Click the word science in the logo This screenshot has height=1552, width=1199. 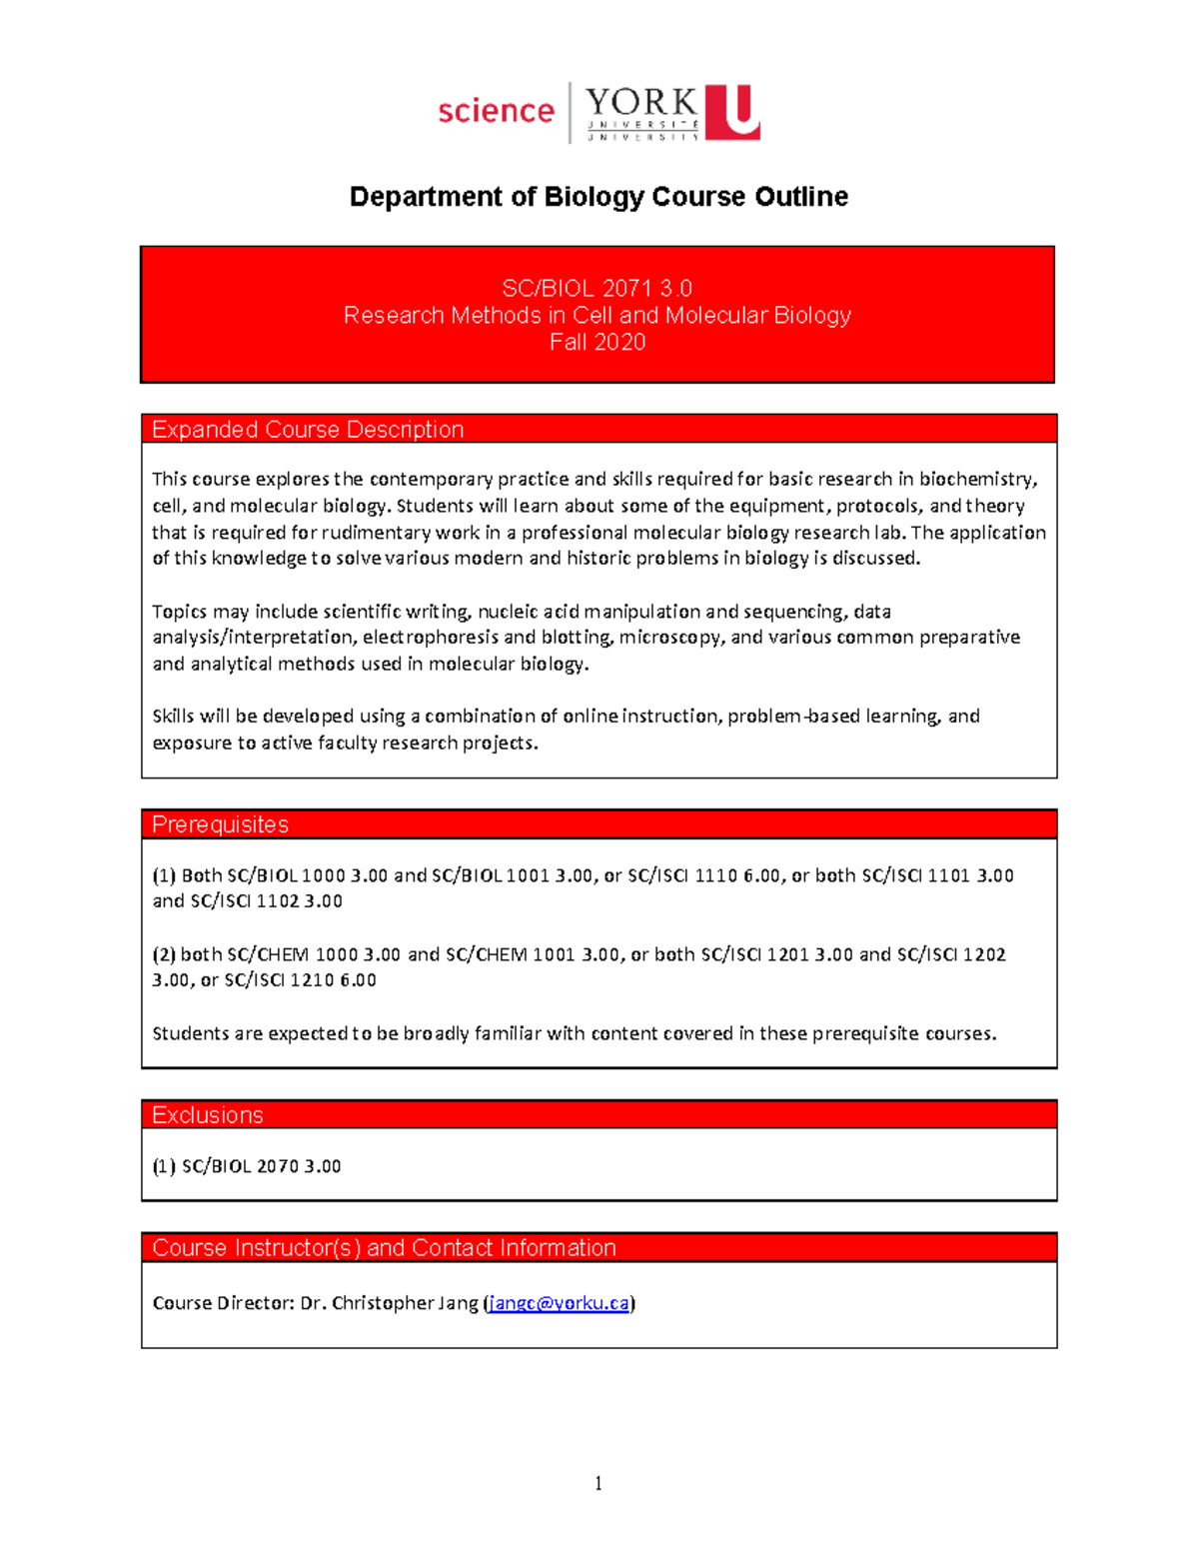point(496,111)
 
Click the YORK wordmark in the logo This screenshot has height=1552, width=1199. point(640,103)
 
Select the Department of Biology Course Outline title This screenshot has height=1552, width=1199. point(599,197)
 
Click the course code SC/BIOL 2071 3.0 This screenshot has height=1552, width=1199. point(597,289)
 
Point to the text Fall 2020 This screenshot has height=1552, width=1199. point(598,343)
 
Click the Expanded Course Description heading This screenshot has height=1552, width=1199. point(308,430)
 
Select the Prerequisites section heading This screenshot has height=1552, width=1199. point(220,824)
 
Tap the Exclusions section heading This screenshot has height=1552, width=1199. point(208,1115)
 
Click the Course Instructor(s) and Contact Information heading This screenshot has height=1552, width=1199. point(384,1248)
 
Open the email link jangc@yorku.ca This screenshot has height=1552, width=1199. point(559,1303)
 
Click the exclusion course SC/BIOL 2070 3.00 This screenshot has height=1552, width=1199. point(261,1166)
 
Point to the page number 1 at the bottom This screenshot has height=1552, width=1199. point(599,1483)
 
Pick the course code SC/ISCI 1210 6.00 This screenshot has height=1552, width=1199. point(300,980)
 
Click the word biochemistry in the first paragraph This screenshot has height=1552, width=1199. point(977,479)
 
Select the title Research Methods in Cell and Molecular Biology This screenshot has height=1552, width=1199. point(598,316)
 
